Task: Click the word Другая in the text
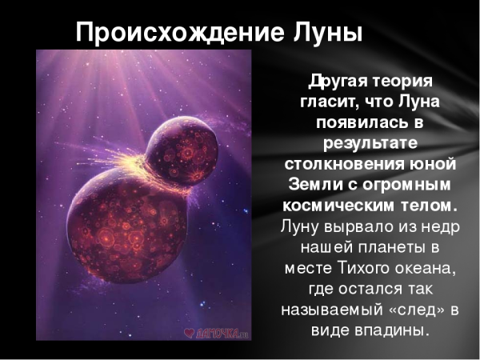click(x=337, y=82)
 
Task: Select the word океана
click(x=425, y=267)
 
